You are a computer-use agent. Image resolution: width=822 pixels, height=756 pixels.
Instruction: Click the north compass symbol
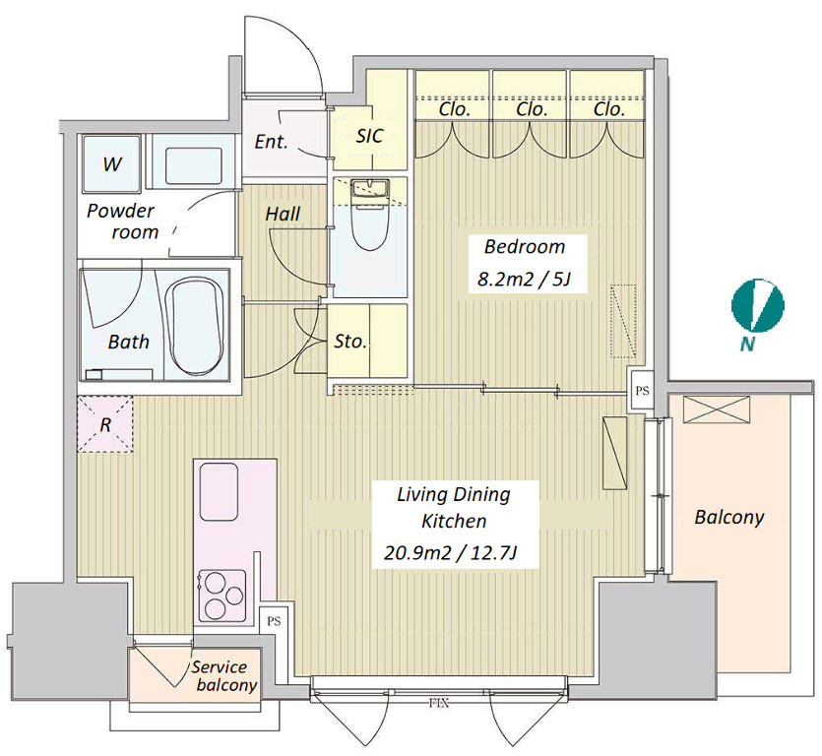[x=758, y=306]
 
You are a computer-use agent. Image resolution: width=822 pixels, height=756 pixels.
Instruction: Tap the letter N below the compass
[x=749, y=345]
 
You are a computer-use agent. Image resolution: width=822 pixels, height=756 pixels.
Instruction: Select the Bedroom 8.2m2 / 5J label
[x=522, y=263]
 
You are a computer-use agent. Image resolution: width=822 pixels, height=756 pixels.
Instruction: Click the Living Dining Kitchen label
[x=453, y=523]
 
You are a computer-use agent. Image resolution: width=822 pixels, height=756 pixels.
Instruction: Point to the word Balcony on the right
[x=728, y=517]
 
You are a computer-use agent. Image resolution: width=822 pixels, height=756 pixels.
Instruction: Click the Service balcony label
[x=224, y=676]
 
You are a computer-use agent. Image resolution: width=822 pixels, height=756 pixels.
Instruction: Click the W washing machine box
[x=111, y=163]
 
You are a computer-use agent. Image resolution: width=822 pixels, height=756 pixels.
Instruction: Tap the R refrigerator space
[x=104, y=424]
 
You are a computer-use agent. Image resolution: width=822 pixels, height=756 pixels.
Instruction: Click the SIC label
[x=369, y=136]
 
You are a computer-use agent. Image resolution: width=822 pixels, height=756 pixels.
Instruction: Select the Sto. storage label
[x=350, y=343]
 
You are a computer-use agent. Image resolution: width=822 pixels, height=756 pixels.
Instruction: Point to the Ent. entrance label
[x=271, y=142]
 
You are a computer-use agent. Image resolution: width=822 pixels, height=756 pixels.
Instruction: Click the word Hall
[x=284, y=214]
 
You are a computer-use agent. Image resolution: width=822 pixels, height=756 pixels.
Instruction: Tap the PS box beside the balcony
[x=643, y=390]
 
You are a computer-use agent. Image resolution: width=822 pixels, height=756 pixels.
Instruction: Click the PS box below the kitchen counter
[x=273, y=622]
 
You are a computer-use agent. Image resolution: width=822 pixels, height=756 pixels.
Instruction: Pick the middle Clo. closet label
[x=532, y=110]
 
